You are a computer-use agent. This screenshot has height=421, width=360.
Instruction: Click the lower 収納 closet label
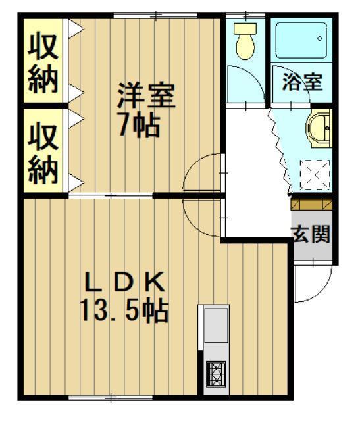pyautogui.click(x=43, y=152)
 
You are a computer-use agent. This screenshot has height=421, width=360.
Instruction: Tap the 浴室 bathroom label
pyautogui.click(x=302, y=83)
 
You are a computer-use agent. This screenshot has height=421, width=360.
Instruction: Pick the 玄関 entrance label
pyautogui.click(x=311, y=234)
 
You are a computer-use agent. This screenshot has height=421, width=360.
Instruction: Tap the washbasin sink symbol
pyautogui.click(x=320, y=128)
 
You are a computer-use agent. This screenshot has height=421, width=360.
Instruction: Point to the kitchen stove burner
pyautogui.click(x=215, y=376)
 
